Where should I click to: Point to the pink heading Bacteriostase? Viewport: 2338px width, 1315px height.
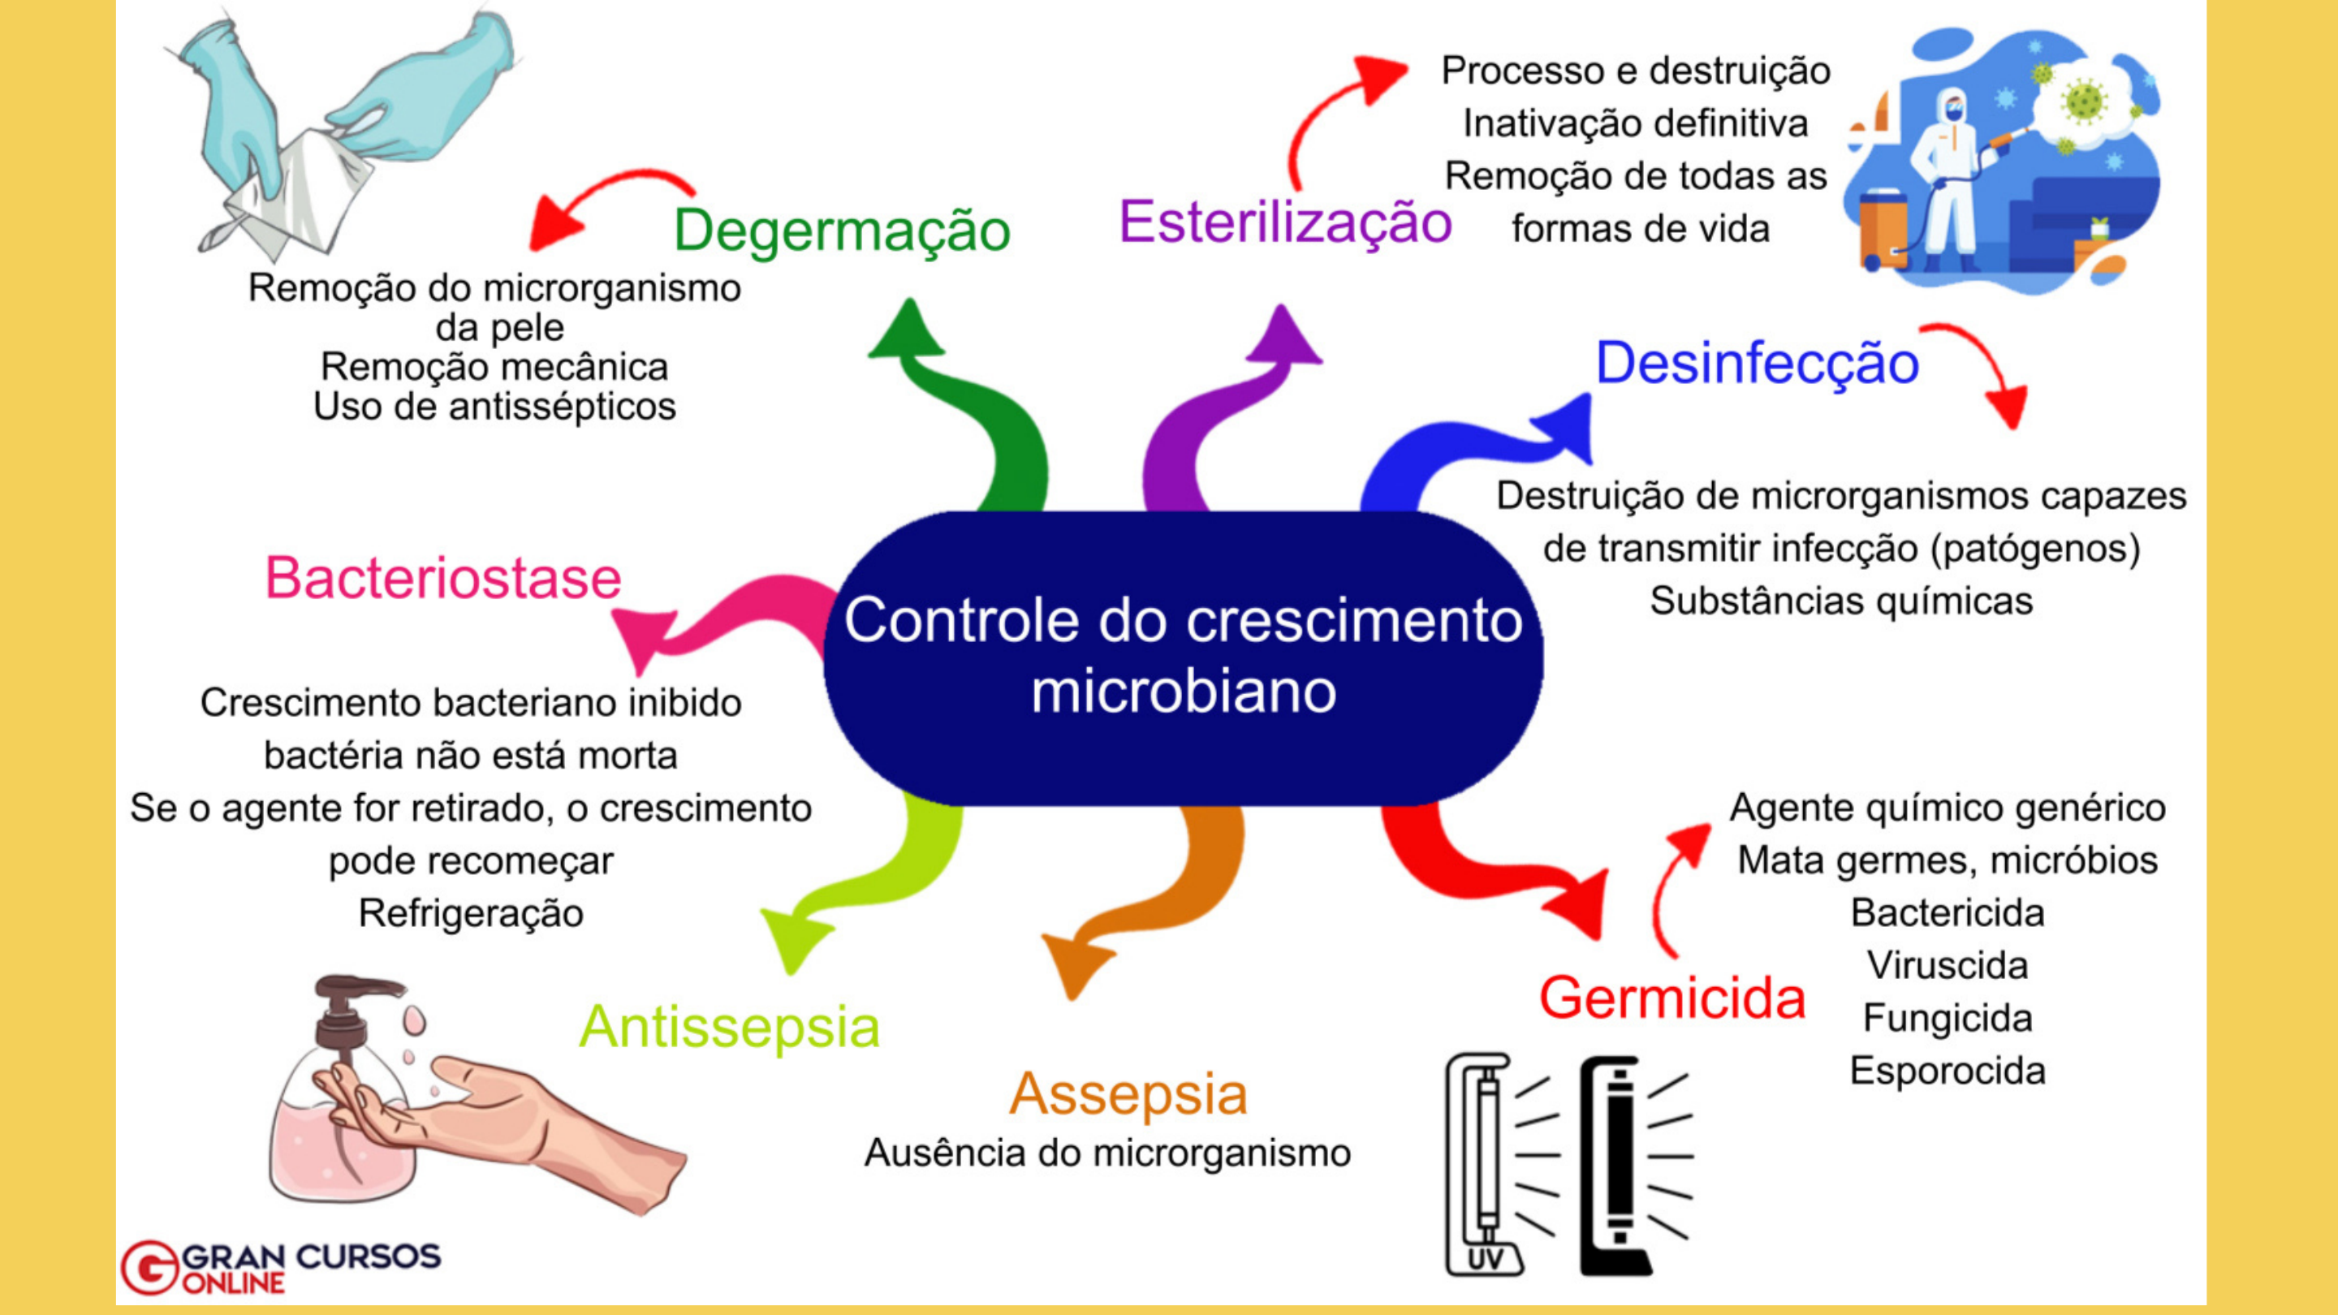click(443, 577)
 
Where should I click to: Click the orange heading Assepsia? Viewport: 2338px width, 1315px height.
click(1128, 1094)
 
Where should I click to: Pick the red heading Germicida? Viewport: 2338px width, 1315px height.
click(1672, 998)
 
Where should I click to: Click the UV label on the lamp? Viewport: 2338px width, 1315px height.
click(1484, 1259)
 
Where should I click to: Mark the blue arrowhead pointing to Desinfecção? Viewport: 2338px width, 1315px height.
click(1568, 426)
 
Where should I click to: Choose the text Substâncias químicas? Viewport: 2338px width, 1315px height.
click(1840, 601)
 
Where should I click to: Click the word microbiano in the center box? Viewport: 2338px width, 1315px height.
click(1184, 692)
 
